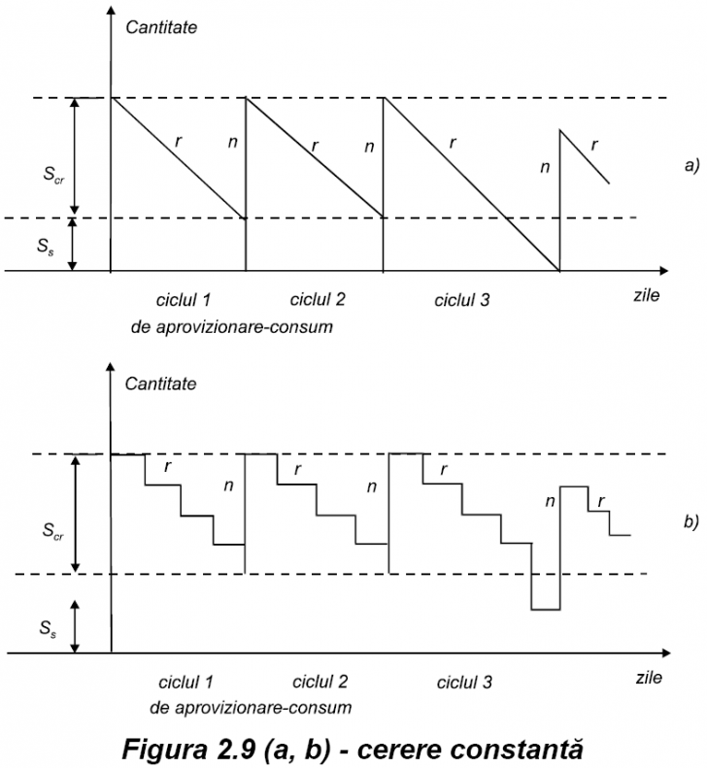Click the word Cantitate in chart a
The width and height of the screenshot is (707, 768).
tap(161, 27)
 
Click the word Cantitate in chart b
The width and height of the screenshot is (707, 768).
tap(160, 384)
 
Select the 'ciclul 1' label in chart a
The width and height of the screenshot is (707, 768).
tap(183, 300)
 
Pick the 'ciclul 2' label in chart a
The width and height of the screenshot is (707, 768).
tap(318, 300)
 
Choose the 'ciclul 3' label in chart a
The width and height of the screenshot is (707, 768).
tap(462, 301)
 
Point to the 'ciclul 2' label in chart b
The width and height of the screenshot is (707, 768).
tap(320, 682)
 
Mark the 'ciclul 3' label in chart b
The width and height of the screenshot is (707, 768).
tap(464, 683)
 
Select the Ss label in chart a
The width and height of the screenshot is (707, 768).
tap(44, 248)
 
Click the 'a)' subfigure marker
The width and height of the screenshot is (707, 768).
tap(690, 166)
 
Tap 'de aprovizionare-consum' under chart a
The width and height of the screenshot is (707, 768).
tap(231, 326)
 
